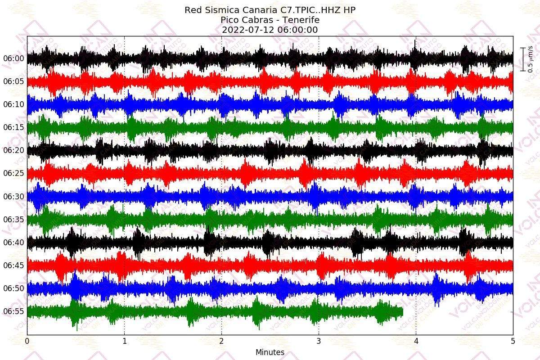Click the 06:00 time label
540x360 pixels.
click(x=13, y=58)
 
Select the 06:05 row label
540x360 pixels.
click(x=13, y=81)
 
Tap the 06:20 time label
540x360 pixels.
click(x=13, y=150)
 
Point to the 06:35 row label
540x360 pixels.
click(x=13, y=219)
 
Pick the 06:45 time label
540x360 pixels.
click(x=13, y=265)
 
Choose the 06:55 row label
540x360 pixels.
click(x=13, y=311)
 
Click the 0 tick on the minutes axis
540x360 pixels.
click(x=27, y=342)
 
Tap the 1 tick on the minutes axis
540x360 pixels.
click(x=125, y=342)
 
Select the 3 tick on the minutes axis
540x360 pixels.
click(x=319, y=342)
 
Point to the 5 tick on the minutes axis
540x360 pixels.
click(x=513, y=342)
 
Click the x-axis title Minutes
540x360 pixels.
click(x=270, y=352)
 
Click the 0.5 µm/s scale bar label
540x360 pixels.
click(x=531, y=59)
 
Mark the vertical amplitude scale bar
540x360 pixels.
click(x=523, y=59)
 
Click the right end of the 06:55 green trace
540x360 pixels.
click(x=402, y=311)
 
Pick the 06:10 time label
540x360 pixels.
click(x=13, y=104)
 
